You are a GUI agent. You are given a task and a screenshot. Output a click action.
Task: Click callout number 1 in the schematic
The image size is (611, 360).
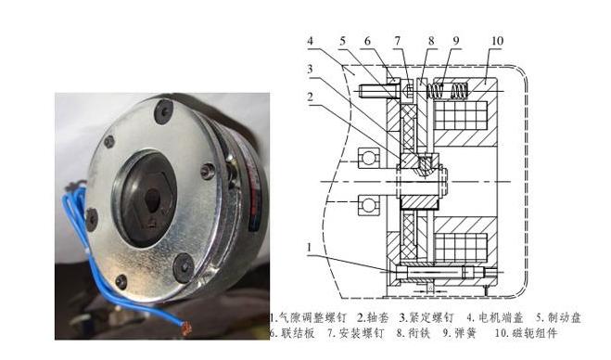[309, 248]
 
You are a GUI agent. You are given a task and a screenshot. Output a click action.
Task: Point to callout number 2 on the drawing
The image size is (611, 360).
[310, 96]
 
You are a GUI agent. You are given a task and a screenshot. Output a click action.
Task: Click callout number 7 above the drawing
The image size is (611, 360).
[397, 41]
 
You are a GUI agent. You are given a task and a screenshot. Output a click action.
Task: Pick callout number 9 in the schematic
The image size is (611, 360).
[455, 41]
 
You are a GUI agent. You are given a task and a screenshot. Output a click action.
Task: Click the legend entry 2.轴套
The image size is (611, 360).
[364, 316]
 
